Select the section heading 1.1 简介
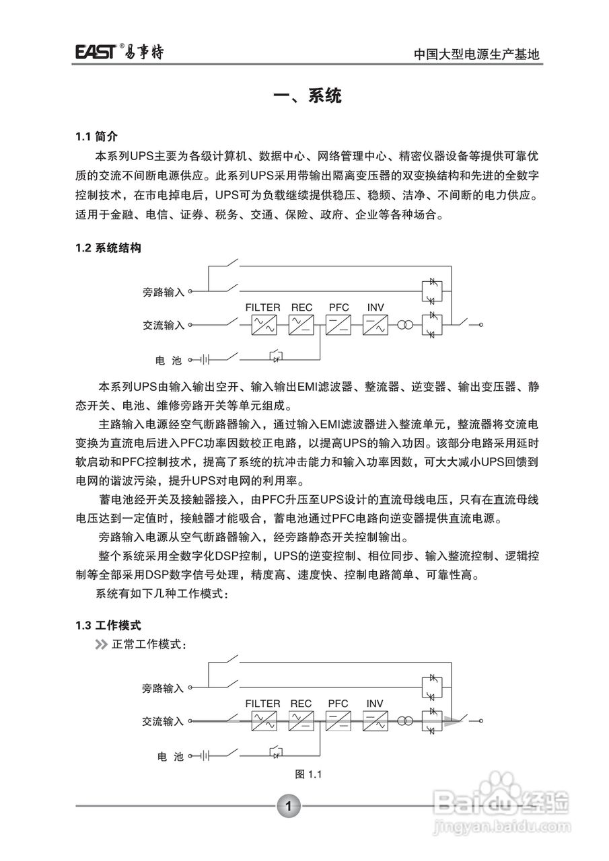[x=96, y=137]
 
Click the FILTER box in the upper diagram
[x=263, y=326]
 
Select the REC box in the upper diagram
[x=301, y=326]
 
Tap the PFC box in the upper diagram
[x=338, y=326]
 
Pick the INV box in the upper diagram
[x=375, y=326]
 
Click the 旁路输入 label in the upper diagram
[x=164, y=292]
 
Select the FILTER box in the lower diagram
[x=263, y=722]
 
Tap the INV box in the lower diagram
[x=375, y=722]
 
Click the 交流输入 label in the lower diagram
[x=163, y=721]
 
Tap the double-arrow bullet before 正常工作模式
[x=101, y=644]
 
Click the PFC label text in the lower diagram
[x=338, y=704]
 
